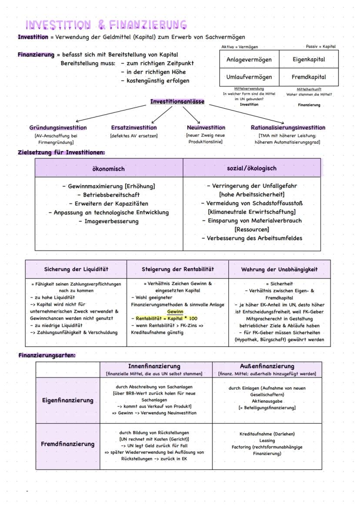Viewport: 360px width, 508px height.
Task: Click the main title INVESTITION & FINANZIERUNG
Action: (x=106, y=25)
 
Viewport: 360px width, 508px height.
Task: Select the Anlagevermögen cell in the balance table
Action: (x=249, y=60)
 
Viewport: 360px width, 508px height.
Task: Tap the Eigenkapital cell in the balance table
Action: (x=309, y=60)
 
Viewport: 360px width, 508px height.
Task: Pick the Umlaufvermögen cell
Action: (x=249, y=77)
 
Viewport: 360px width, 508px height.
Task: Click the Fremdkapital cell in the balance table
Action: (x=309, y=77)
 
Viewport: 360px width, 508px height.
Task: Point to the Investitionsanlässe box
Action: (x=177, y=102)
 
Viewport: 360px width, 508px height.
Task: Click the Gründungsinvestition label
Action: (x=58, y=128)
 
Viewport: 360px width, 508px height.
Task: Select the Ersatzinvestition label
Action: (x=134, y=128)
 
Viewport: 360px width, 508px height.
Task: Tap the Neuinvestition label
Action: (x=206, y=128)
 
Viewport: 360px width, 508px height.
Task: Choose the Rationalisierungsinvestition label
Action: (x=288, y=128)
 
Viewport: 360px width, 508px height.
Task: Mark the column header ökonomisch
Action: (x=109, y=169)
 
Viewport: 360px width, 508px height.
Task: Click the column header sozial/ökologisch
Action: (x=252, y=168)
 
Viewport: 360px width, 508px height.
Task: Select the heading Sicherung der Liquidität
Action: (x=76, y=269)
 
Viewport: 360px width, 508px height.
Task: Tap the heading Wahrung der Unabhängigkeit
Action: (x=279, y=269)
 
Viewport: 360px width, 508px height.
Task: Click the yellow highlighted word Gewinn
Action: (x=175, y=312)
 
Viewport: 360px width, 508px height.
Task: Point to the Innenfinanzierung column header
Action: (x=154, y=366)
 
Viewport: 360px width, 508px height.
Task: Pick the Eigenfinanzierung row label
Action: (x=68, y=400)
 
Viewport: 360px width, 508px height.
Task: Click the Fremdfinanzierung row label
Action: (x=68, y=444)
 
